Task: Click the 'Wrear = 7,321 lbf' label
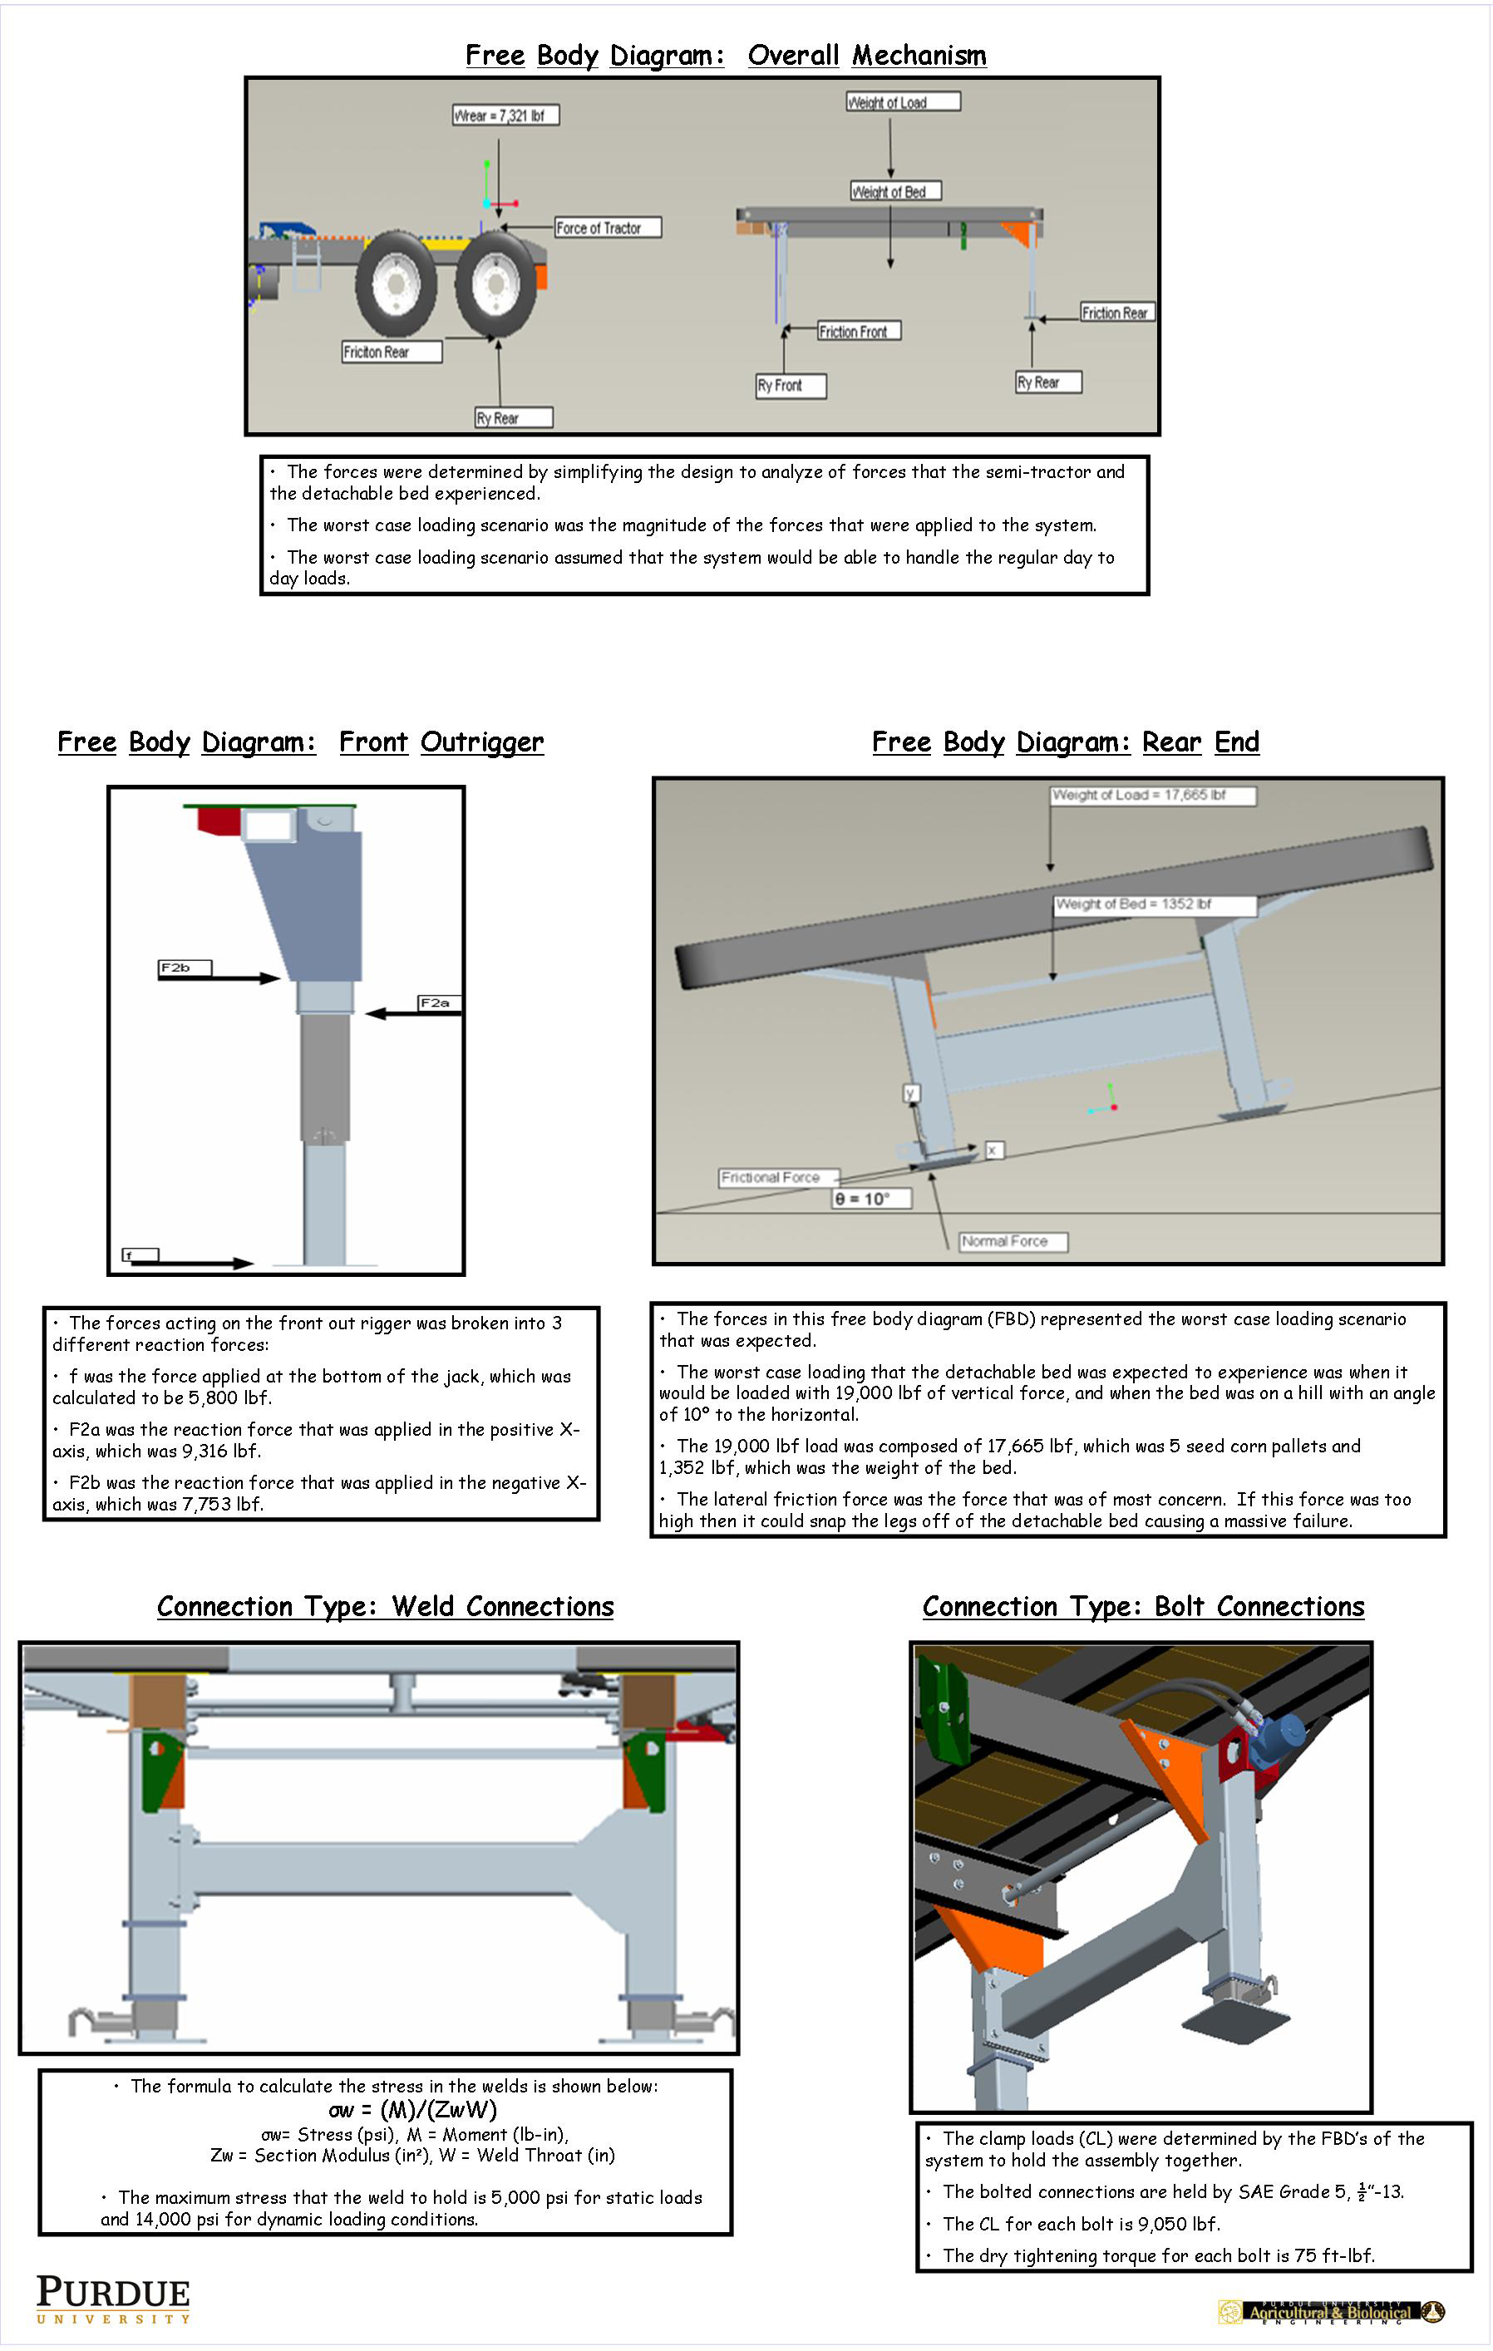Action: (x=505, y=116)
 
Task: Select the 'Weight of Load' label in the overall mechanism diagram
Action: (x=902, y=101)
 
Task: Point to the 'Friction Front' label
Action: (x=858, y=331)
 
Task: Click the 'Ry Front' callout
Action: (x=790, y=386)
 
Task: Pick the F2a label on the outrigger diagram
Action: (x=436, y=1003)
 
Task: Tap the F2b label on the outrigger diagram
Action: (x=184, y=968)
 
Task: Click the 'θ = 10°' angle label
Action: (x=870, y=1198)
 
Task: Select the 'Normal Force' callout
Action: (x=1013, y=1241)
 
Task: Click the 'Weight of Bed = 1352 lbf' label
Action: (x=1153, y=904)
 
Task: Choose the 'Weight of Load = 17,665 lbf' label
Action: (x=1152, y=795)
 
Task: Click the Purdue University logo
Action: (x=113, y=2299)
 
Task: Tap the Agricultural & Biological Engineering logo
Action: (x=1330, y=2311)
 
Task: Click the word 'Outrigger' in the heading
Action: (x=481, y=742)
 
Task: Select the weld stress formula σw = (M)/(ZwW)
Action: (x=412, y=2109)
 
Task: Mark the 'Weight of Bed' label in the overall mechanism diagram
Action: (x=895, y=191)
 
